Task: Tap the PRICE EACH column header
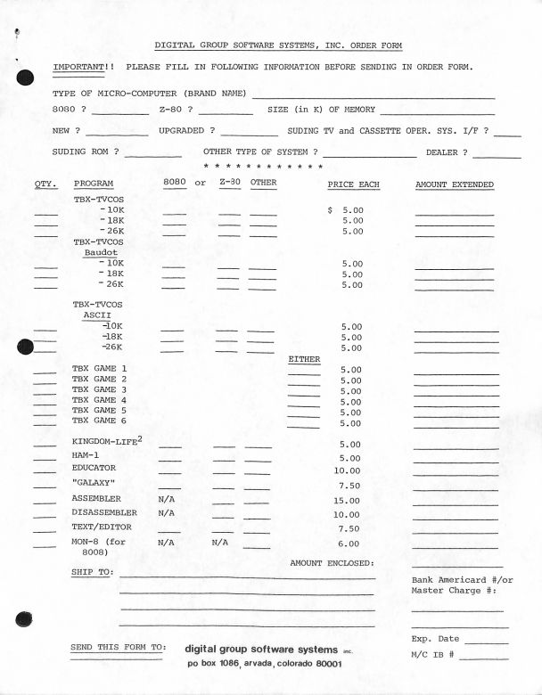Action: pyautogui.click(x=353, y=184)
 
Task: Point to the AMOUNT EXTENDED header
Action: pyautogui.click(x=455, y=184)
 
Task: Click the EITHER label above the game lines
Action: pyautogui.click(x=304, y=359)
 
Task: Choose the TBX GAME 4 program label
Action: pyautogui.click(x=100, y=401)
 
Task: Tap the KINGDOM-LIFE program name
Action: pyautogui.click(x=107, y=444)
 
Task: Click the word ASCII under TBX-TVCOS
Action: pyautogui.click(x=97, y=315)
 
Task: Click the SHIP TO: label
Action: pyautogui.click(x=92, y=572)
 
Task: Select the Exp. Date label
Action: pyautogui.click(x=436, y=639)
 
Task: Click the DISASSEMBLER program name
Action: pyautogui.click(x=104, y=513)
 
